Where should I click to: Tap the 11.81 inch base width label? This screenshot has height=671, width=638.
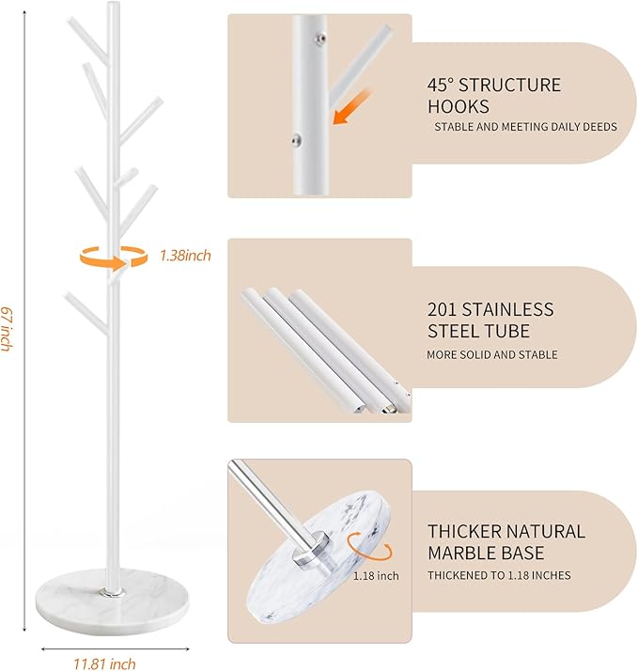click(x=105, y=663)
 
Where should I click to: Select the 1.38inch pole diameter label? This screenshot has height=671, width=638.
click(x=185, y=255)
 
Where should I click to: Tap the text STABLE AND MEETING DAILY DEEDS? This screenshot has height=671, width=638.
click(x=524, y=127)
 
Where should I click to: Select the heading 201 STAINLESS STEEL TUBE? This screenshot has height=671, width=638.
click(x=490, y=320)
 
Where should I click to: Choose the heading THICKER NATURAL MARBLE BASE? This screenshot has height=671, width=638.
click(x=506, y=542)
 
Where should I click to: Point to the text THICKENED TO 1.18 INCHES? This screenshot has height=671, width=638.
click(x=499, y=575)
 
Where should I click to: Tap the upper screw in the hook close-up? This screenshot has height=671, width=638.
click(x=320, y=39)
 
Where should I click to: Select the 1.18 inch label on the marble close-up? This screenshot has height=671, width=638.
click(x=375, y=575)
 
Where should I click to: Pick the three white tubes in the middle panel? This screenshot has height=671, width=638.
click(x=324, y=348)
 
